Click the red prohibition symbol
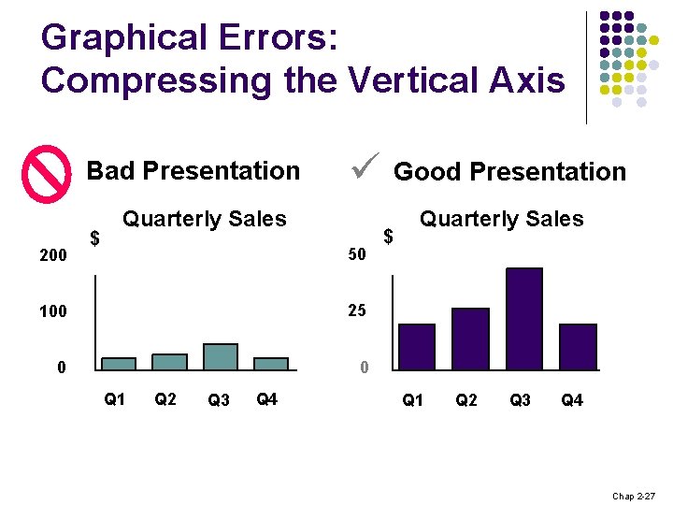47,174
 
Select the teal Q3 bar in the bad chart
221,356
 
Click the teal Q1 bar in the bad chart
119,363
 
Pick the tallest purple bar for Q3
523,319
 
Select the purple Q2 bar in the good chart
470,339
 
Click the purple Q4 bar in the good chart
578,347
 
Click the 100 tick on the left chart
52,311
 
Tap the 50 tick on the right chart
356,254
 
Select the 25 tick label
356,310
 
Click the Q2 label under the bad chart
165,399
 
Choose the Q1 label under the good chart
412,400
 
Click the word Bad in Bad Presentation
111,170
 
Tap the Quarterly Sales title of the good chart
501,219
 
